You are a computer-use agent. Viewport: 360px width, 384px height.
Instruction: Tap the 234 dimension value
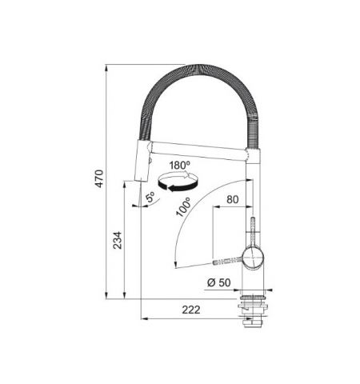tap(119, 239)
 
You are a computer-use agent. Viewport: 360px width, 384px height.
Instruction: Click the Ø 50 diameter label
tap(218, 282)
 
